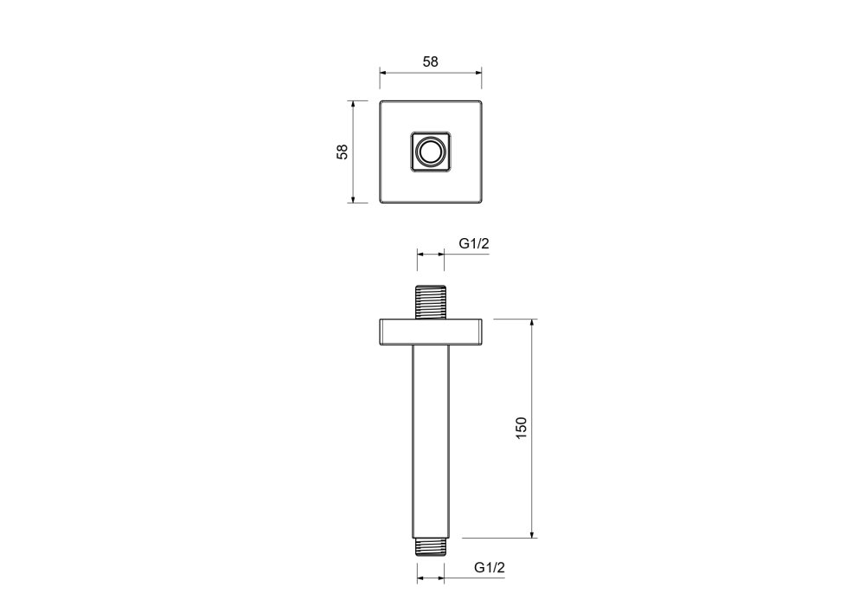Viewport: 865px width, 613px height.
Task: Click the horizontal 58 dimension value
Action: pos(430,61)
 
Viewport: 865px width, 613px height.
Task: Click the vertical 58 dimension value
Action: pos(343,152)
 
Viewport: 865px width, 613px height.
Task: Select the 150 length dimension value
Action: pos(521,428)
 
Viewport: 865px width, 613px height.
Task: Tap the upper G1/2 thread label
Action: pos(474,243)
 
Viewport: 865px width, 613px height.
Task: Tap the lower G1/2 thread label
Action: pos(490,568)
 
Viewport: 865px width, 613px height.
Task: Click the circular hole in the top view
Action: pos(431,152)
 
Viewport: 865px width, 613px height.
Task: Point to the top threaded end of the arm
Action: pos(430,302)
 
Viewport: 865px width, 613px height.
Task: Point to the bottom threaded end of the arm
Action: pos(431,546)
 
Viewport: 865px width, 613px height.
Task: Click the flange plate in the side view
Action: pos(431,332)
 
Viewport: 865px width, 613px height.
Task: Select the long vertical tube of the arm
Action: pos(431,442)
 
